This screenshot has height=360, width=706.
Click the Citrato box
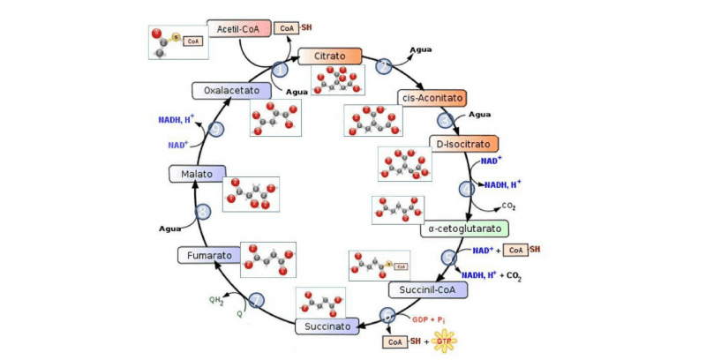coord(330,56)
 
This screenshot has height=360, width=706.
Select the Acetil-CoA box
coord(238,28)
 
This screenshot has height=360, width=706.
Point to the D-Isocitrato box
coord(463,143)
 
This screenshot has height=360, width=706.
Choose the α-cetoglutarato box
coord(464,229)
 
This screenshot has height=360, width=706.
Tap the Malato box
coord(199,174)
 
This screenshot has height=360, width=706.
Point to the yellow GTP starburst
coord(444,341)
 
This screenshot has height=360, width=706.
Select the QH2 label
coord(216,300)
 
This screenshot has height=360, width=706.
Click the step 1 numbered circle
coord(281,68)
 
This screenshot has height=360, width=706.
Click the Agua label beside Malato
coord(170,229)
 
